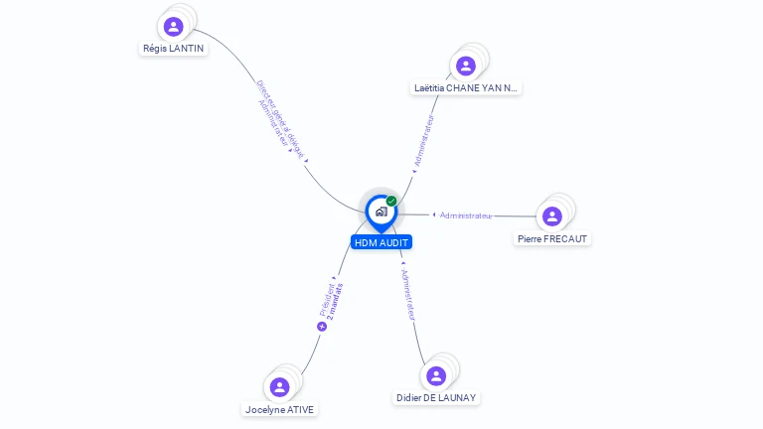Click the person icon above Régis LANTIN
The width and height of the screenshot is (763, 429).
click(174, 27)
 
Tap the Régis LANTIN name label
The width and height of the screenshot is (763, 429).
click(174, 48)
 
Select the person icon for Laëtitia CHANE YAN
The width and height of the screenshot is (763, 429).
click(465, 67)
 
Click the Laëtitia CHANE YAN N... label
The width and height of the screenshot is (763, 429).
click(466, 87)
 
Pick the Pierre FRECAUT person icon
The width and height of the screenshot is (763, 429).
click(552, 216)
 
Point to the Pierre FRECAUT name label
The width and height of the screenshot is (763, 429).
click(552, 238)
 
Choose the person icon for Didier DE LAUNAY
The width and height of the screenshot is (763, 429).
click(435, 376)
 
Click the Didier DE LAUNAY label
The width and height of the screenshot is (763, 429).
click(436, 397)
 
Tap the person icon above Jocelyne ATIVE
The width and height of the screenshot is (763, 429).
click(279, 387)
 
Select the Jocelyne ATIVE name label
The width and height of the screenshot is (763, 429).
click(281, 408)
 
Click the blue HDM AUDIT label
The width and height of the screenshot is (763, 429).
click(381, 242)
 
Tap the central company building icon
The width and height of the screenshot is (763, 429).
click(381, 212)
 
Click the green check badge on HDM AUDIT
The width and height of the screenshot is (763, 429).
click(391, 201)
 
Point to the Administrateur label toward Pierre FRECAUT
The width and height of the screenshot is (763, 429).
click(465, 215)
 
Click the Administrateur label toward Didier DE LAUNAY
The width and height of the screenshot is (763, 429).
click(407, 293)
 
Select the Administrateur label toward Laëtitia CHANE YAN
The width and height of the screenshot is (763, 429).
click(423, 140)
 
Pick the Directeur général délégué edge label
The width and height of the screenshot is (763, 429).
click(279, 119)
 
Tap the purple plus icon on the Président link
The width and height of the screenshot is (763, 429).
click(322, 326)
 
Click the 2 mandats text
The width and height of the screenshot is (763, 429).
click(336, 301)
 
